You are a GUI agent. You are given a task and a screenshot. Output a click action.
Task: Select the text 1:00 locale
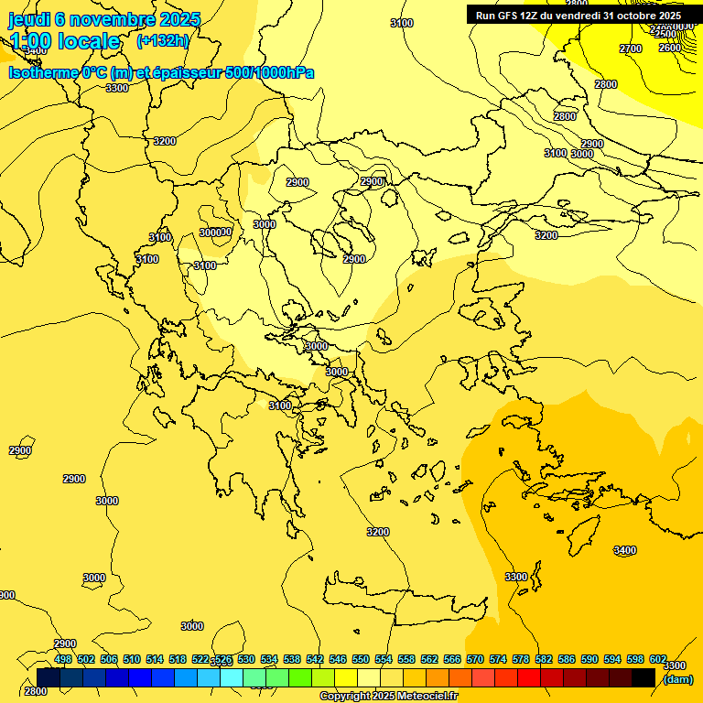click(65, 41)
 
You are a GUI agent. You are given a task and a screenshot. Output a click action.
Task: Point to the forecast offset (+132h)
click(162, 40)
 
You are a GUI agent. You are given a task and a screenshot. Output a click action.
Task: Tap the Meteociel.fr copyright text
click(388, 697)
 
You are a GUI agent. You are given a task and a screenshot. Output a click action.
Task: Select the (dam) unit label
click(677, 679)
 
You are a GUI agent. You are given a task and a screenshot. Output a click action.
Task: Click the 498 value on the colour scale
click(63, 659)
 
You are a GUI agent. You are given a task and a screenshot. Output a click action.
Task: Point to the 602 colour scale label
click(658, 659)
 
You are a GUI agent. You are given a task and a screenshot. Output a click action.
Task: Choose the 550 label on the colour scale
click(361, 659)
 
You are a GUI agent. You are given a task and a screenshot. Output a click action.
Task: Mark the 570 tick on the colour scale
click(475, 659)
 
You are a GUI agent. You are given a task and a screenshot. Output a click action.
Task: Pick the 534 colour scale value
click(269, 659)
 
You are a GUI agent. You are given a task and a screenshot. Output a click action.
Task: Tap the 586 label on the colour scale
click(567, 659)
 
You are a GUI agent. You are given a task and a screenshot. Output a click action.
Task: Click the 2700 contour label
click(631, 49)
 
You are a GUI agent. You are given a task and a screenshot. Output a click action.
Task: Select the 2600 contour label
click(670, 48)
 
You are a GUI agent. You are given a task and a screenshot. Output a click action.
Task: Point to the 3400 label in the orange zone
click(624, 550)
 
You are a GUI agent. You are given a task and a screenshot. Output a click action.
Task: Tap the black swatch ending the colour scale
click(644, 677)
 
